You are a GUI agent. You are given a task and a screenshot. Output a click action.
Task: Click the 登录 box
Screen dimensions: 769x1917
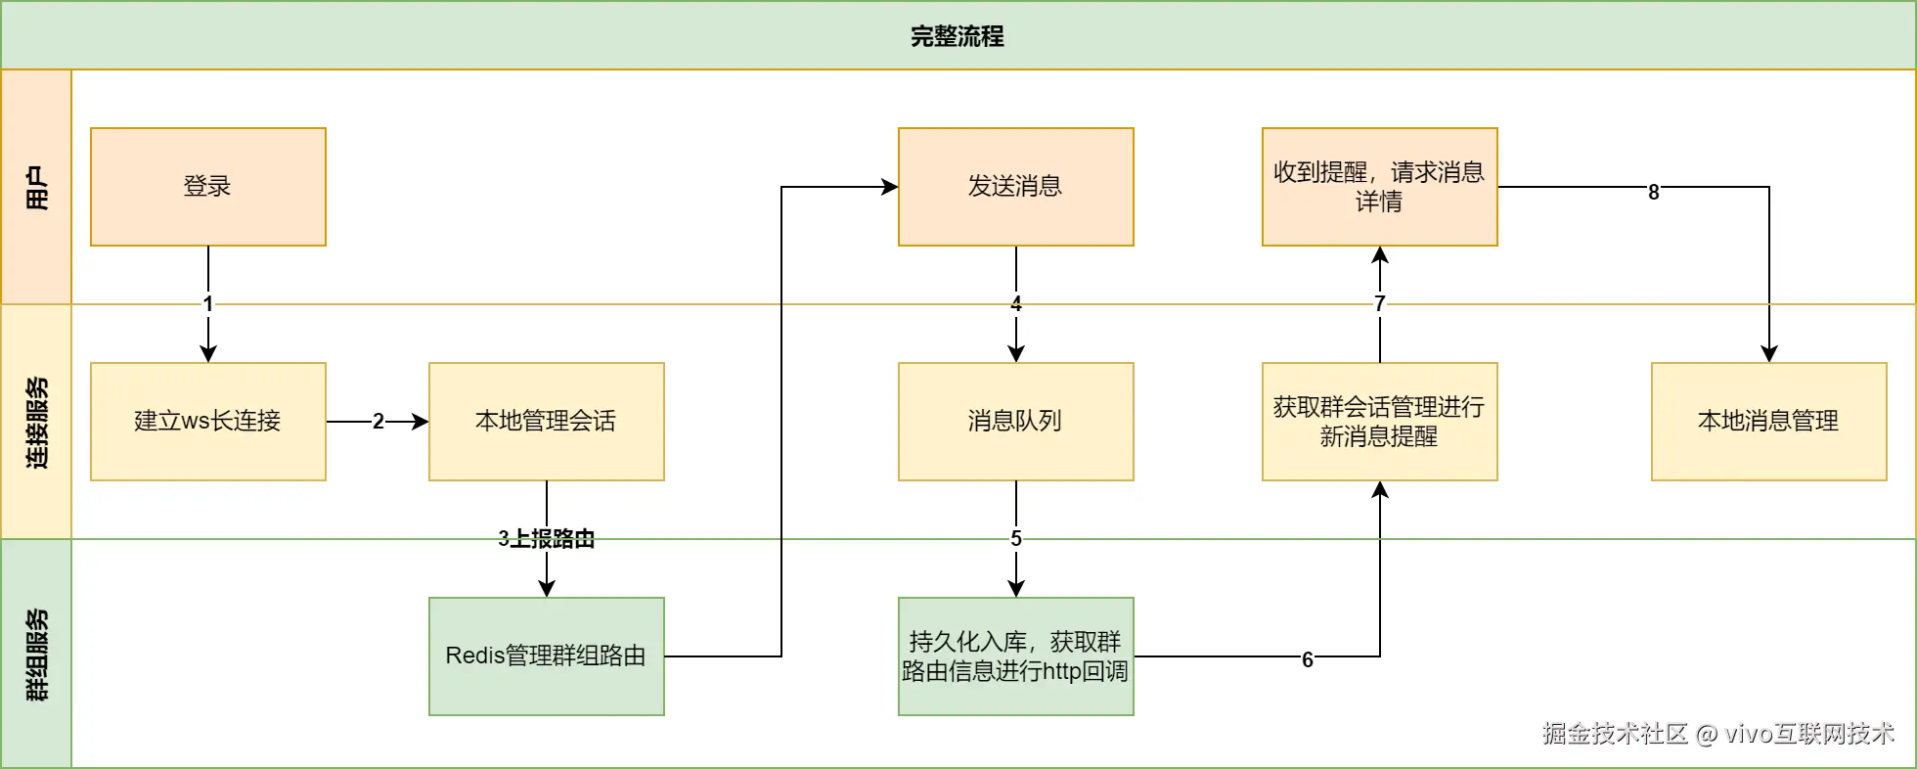207,186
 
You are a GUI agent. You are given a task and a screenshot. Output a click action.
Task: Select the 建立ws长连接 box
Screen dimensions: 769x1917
207,421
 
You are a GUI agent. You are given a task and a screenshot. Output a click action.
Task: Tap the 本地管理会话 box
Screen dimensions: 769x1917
546,421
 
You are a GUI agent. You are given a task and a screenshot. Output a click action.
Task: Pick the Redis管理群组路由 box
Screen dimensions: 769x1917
546,656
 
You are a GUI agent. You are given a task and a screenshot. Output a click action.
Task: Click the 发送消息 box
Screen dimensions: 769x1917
1015,186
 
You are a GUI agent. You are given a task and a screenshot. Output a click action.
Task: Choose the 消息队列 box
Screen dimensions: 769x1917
1015,421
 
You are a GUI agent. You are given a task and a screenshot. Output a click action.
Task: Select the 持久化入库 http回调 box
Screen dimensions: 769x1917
1015,656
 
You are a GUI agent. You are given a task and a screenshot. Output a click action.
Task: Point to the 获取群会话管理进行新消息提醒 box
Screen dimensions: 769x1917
1379,421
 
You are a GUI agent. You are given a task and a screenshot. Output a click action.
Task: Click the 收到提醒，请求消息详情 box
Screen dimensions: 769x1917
1379,186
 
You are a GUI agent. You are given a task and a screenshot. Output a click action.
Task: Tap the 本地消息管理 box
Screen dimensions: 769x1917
1768,421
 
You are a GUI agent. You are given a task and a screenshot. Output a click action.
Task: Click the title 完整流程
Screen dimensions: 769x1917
957,36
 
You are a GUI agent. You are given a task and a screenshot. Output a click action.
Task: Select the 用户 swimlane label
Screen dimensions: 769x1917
36,187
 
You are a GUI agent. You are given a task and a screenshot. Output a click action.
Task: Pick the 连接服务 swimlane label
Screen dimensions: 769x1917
36,422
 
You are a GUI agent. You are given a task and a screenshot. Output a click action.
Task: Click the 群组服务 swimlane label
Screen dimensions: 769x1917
36,654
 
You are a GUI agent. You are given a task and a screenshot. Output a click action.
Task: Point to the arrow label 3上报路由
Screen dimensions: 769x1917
546,539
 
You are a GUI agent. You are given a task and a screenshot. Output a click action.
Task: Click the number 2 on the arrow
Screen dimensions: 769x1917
378,422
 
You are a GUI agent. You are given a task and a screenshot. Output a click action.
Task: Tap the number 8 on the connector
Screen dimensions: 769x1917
1653,192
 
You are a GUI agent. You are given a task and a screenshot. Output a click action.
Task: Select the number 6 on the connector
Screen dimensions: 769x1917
1307,659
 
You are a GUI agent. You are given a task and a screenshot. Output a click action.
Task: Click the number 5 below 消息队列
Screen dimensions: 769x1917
1015,539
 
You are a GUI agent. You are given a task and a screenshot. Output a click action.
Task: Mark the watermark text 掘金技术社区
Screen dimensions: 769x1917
1614,734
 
